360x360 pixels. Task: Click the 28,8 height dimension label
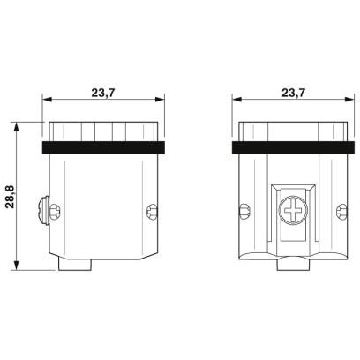11,197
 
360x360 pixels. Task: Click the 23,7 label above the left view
102,93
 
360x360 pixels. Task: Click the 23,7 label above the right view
293,93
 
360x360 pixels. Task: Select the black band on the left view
103,147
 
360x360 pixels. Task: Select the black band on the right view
293,147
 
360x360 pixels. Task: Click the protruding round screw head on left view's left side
44,211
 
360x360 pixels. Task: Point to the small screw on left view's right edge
152,212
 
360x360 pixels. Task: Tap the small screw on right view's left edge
244,212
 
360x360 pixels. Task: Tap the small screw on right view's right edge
341,212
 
